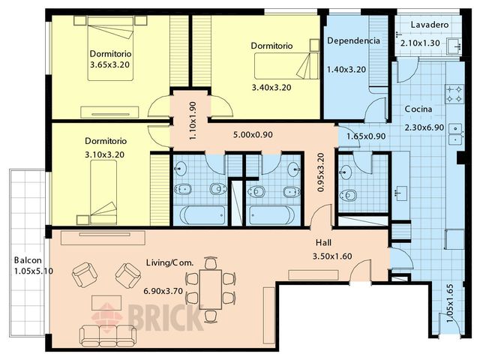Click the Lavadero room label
click(430, 25)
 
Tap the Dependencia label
click(353, 40)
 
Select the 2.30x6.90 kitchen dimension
click(424, 127)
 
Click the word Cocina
click(418, 109)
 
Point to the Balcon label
click(28, 260)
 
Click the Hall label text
click(323, 243)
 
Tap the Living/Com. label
click(170, 262)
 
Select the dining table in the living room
click(211, 289)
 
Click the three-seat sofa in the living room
click(108, 335)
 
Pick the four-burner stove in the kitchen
click(454, 94)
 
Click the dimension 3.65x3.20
click(110, 65)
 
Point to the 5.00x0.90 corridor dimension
click(253, 135)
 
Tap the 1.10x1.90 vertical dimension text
click(193, 121)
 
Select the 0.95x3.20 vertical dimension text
click(321, 172)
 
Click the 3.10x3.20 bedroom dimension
click(105, 154)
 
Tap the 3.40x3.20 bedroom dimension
click(271, 88)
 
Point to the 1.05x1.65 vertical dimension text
click(450, 304)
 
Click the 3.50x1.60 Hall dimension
click(332, 256)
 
